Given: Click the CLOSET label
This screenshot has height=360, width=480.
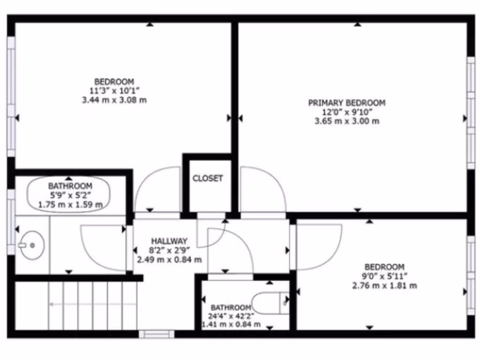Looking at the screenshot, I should [x=208, y=179].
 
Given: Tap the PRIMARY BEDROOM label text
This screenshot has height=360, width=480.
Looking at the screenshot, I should [x=346, y=103].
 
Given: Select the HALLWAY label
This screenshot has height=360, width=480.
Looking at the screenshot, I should [x=169, y=240].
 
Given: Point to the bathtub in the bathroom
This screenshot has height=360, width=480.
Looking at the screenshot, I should [x=69, y=194].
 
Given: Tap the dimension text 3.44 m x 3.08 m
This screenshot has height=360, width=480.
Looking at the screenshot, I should [x=114, y=100].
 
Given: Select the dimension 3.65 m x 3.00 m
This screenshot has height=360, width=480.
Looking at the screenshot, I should [x=346, y=121].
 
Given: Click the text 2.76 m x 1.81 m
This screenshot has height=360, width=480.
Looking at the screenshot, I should [x=384, y=285].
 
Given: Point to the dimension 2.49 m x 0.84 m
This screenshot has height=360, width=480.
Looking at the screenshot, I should [x=169, y=259].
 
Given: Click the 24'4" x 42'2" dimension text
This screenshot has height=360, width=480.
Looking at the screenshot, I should [x=231, y=316].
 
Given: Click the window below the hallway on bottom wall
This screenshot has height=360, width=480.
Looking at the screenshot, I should [x=157, y=334].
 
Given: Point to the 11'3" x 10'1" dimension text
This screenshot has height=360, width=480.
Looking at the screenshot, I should [x=114, y=90].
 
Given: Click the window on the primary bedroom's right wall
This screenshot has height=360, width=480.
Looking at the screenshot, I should [x=471, y=112].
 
